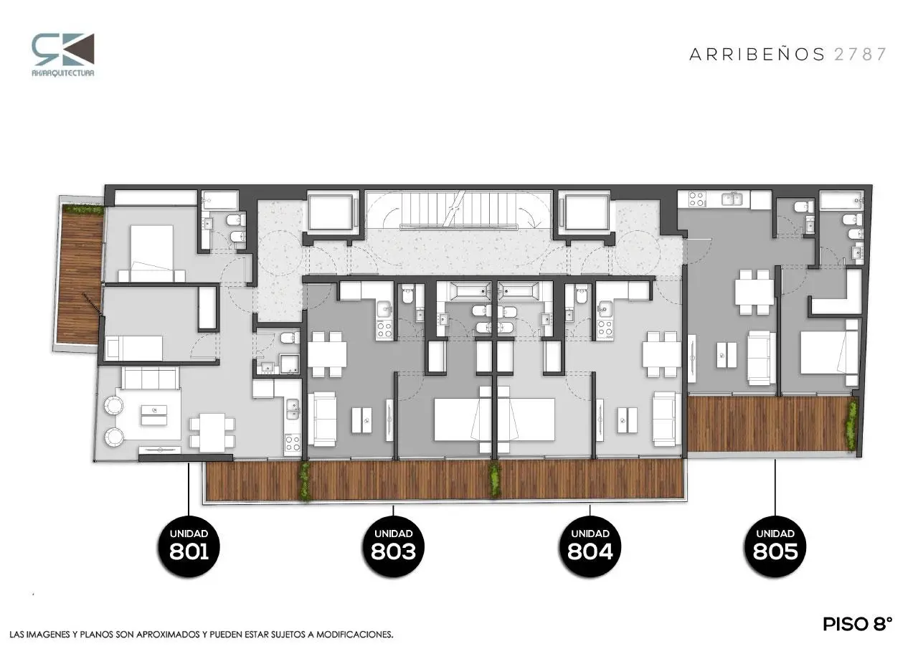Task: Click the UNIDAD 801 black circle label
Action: pyautogui.click(x=189, y=546)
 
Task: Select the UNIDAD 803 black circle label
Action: pyautogui.click(x=394, y=546)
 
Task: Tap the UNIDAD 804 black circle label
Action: pyautogui.click(x=590, y=546)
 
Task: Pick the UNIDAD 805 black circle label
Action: pyautogui.click(x=775, y=546)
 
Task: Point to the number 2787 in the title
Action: pyautogui.click(x=860, y=55)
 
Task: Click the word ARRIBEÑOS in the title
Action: pyautogui.click(x=757, y=54)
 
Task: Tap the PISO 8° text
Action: pyautogui.click(x=858, y=625)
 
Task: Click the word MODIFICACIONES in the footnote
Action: pyautogui.click(x=354, y=635)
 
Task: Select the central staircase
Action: pyautogui.click(x=458, y=210)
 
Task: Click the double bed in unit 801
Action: pyautogui.click(x=152, y=253)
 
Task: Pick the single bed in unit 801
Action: pyautogui.click(x=134, y=348)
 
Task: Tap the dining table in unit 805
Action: pyautogui.click(x=754, y=292)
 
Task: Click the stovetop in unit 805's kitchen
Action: pyautogui.click(x=696, y=199)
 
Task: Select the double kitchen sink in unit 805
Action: pyautogui.click(x=731, y=199)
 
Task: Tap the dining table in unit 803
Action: pyautogui.click(x=327, y=354)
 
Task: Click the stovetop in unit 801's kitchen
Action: pyautogui.click(x=293, y=443)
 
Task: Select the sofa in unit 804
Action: pyautogui.click(x=665, y=419)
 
